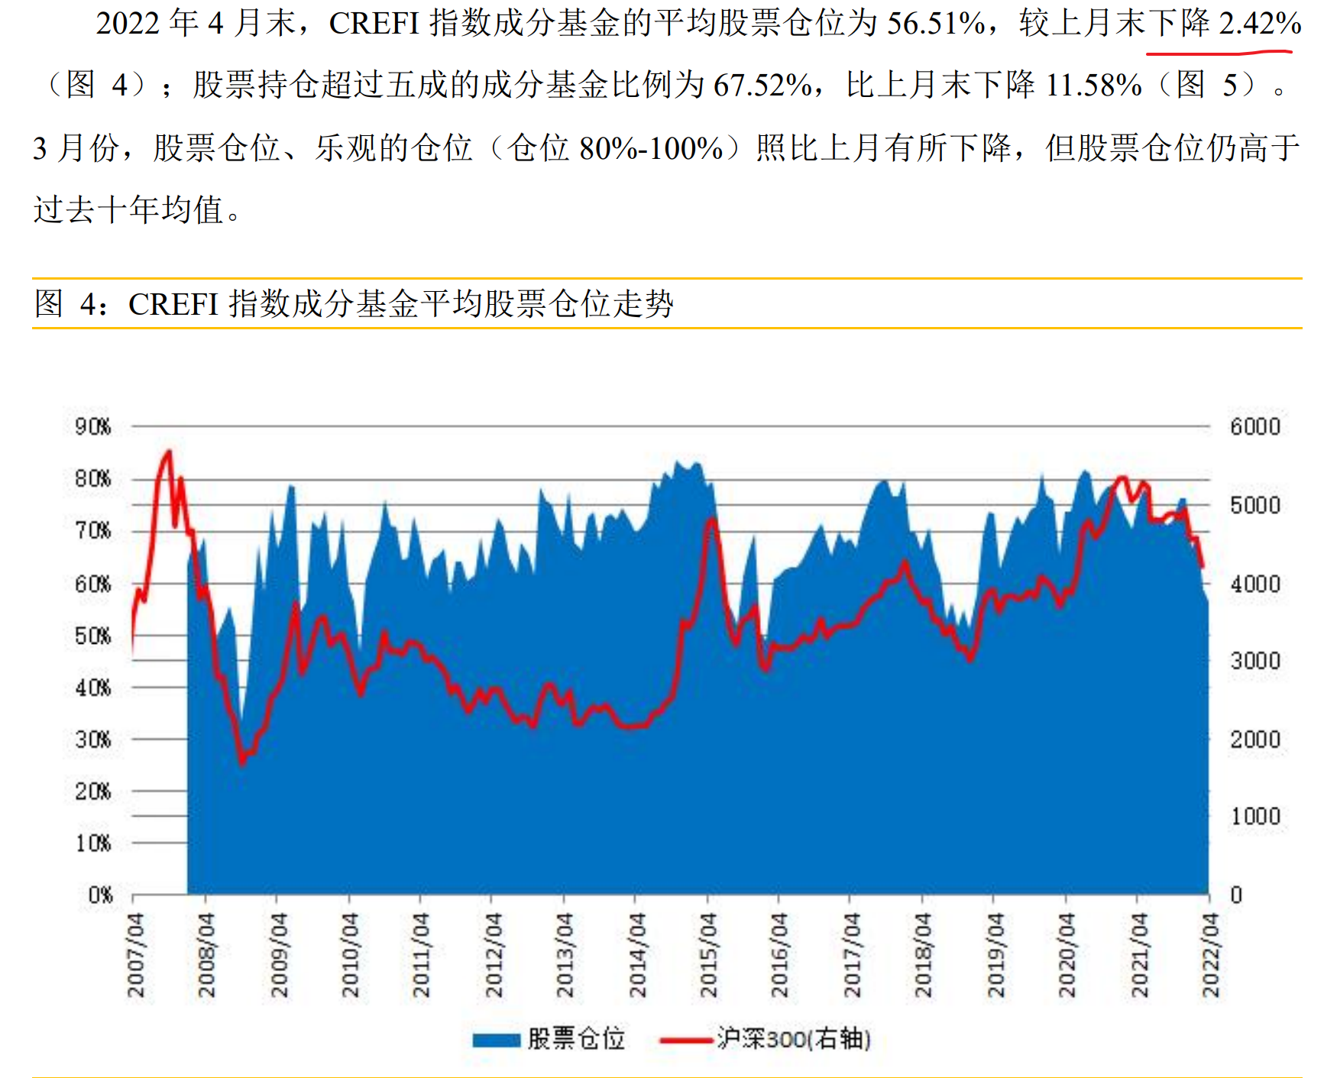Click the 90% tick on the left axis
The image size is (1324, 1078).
pos(92,426)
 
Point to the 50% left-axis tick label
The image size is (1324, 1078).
pos(92,636)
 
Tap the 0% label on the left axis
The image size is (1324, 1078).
pos(100,895)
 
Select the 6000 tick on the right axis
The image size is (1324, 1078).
pos(1254,426)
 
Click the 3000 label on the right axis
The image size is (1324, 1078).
pos(1254,661)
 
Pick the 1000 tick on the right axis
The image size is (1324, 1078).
pos(1254,817)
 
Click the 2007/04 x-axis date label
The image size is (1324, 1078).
pos(136,955)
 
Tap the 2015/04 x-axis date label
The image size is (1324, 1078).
pos(709,955)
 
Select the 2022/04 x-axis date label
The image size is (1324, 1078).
pos(1210,955)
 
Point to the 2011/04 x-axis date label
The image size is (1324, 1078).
pos(422,955)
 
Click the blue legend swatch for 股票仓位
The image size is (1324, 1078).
pos(496,1040)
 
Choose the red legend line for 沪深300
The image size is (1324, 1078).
pos(685,1040)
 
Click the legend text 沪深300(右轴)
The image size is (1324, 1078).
pos(793,1039)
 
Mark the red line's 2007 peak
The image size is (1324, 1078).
pos(169,452)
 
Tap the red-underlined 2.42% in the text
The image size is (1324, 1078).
pos(1260,24)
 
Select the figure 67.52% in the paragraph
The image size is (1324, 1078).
pos(762,85)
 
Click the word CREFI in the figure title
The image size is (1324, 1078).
pos(173,304)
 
